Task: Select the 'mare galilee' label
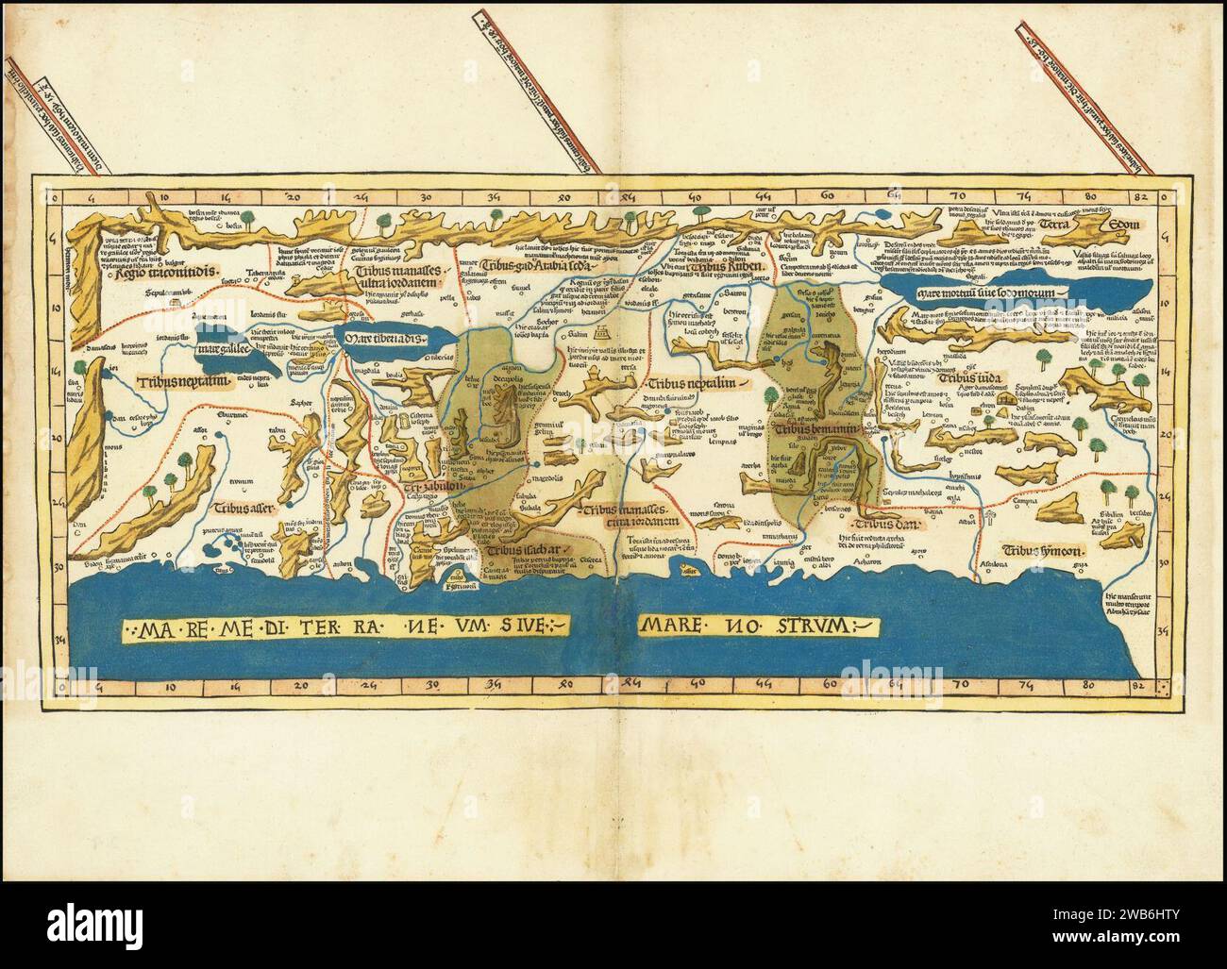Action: [x=221, y=350]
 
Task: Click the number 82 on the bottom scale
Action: [x=1140, y=686]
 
